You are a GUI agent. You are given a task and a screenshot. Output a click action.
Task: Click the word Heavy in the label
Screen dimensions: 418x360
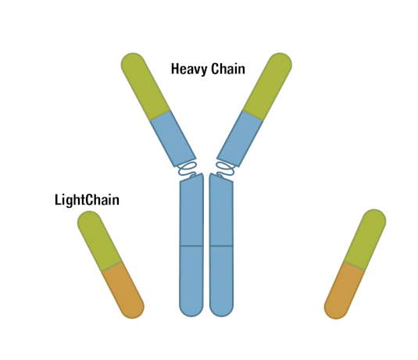click(189, 70)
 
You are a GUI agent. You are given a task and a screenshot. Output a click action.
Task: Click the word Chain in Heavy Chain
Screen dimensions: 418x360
click(228, 69)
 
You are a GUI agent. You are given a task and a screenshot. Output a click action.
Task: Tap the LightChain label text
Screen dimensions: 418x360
click(87, 200)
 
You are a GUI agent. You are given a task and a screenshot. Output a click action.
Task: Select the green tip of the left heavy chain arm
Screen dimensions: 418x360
click(145, 86)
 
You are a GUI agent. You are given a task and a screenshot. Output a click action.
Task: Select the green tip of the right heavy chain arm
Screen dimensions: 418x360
click(268, 86)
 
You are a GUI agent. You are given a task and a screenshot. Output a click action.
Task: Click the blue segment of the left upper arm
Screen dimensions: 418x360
click(173, 138)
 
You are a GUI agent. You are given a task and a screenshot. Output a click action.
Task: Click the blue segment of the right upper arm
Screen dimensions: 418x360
click(240, 138)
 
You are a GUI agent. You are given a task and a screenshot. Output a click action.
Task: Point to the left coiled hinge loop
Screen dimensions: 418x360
click(188, 169)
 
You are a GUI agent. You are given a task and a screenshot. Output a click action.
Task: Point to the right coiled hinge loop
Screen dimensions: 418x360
click(225, 169)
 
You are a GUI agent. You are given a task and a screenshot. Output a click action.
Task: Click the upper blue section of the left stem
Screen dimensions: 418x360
click(191, 211)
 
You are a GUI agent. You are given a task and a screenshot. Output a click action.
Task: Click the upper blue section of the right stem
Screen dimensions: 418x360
click(221, 211)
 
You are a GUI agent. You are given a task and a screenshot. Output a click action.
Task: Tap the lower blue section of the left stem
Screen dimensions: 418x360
click(191, 280)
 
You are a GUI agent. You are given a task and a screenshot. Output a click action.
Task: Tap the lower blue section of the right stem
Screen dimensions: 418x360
click(222, 280)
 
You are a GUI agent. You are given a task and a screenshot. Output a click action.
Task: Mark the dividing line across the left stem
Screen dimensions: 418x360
click(191, 246)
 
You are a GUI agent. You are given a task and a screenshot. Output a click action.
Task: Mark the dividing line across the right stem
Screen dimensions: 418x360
click(222, 246)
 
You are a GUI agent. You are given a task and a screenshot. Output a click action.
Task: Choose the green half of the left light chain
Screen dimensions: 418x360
click(99, 241)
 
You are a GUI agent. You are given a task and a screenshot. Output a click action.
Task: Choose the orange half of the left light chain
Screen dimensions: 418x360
click(123, 290)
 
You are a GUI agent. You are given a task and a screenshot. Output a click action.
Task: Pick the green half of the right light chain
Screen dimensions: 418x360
click(365, 239)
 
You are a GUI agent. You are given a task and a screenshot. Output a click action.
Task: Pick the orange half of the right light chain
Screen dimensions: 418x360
click(344, 291)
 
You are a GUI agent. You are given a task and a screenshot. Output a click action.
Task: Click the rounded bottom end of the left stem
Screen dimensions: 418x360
click(191, 312)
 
